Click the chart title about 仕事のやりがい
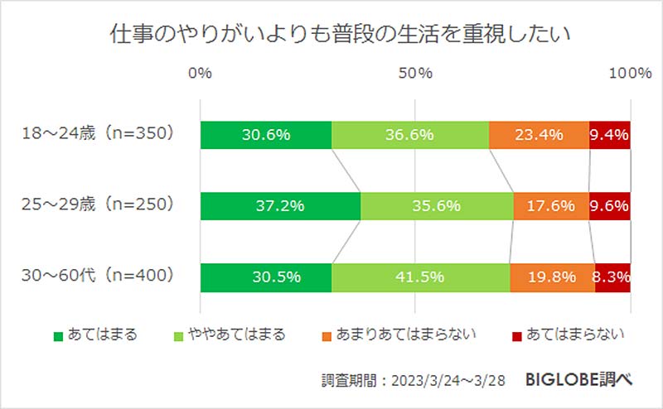pos(331,35)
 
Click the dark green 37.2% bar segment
pos(280,205)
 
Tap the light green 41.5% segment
pos(420,276)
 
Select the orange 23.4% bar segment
pos(539,135)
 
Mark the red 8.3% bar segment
pos(612,276)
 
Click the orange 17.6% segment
pos(551,205)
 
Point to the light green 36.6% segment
pos(410,135)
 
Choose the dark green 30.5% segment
pos(265,276)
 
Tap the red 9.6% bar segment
pos(610,205)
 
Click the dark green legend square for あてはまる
pos(58,336)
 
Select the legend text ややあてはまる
pos(235,335)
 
